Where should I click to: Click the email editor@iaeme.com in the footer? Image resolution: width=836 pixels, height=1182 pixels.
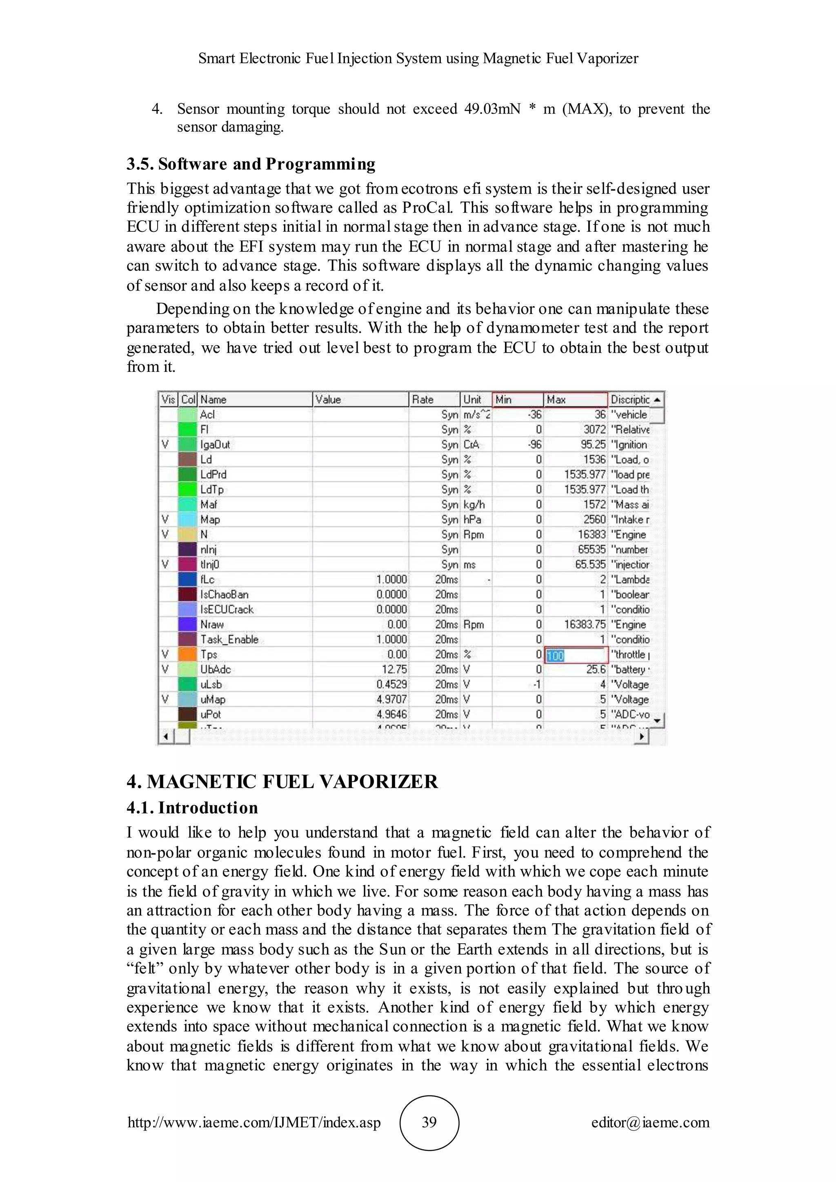[650, 1122]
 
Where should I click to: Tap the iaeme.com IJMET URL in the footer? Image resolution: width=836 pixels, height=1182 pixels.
[254, 1122]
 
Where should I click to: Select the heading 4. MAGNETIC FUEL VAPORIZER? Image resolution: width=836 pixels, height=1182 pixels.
[282, 782]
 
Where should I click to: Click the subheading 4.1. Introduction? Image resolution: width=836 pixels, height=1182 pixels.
[192, 807]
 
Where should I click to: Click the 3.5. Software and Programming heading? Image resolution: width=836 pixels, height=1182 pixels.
[251, 164]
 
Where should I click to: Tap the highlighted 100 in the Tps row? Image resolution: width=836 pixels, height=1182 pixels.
[556, 655]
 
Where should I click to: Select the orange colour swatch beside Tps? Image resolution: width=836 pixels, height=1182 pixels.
[188, 654]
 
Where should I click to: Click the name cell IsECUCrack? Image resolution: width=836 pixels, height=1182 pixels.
[227, 609]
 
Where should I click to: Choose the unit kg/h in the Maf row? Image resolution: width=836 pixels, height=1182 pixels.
[474, 504]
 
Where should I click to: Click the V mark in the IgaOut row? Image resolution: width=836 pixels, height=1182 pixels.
[165, 444]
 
